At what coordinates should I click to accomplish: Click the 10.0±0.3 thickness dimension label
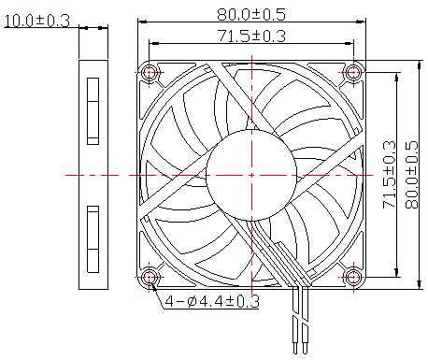(x=36, y=21)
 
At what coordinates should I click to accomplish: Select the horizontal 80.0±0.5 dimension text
(x=251, y=14)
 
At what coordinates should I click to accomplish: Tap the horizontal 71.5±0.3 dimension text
(x=251, y=36)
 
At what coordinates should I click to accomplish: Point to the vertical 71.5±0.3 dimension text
(x=389, y=175)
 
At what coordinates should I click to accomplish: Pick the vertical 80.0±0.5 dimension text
(x=411, y=175)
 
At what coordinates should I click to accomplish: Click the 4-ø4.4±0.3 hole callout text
(x=212, y=301)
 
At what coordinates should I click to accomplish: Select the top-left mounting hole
(x=150, y=73)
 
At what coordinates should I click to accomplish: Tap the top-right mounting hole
(x=353, y=73)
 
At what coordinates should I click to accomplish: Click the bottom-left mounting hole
(x=150, y=277)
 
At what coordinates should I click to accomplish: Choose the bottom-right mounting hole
(x=353, y=277)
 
